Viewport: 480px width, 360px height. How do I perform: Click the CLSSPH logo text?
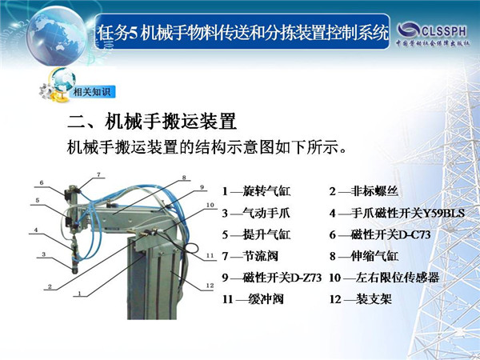point(443,31)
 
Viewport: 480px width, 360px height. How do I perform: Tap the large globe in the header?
point(58,35)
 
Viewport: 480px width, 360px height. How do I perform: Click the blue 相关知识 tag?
point(93,91)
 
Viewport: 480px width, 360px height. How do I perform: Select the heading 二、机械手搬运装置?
point(152,122)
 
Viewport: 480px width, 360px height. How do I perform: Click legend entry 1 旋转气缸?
point(256,191)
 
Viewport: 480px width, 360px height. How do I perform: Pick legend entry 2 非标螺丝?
point(364,191)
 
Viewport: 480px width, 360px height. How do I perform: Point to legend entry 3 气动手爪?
point(256,213)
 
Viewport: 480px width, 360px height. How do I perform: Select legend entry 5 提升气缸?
point(256,234)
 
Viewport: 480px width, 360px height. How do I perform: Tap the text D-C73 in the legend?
point(414,234)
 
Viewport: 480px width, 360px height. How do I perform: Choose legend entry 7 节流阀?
point(250,256)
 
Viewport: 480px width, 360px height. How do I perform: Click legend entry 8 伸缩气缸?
point(364,256)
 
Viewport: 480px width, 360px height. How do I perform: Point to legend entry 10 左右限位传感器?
point(384,278)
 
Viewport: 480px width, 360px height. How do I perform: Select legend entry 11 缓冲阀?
point(253,299)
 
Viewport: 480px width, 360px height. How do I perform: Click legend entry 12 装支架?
point(360,299)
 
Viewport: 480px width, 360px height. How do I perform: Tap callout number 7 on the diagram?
point(98,174)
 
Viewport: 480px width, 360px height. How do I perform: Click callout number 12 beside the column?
point(210,286)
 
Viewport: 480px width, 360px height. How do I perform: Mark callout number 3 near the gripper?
point(44,254)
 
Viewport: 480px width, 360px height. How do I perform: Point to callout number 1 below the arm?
point(79,294)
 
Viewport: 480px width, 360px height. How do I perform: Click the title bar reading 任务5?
point(242,32)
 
